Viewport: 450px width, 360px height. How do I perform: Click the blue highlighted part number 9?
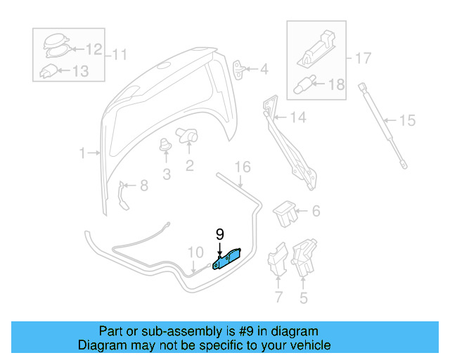[x=227, y=259]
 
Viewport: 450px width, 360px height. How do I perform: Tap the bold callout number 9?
[x=219, y=235]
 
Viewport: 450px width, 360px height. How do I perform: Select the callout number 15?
[x=407, y=120]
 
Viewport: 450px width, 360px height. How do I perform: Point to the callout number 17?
[x=362, y=58]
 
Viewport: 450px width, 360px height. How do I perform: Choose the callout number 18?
[x=337, y=84]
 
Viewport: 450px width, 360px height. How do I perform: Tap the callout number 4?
[x=264, y=70]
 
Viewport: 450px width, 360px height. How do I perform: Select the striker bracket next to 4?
[x=241, y=69]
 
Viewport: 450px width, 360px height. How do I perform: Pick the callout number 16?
[x=242, y=167]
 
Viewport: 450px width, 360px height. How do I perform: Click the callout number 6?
[x=316, y=210]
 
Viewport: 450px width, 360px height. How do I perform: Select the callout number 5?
[x=304, y=298]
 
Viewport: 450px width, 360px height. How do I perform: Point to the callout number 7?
[x=278, y=298]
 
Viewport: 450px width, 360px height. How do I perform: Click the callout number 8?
[x=143, y=186]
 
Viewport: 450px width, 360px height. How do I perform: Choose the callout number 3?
[x=167, y=174]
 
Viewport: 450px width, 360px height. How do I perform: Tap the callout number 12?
[x=94, y=49]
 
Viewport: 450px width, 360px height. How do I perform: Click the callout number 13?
[x=81, y=70]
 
